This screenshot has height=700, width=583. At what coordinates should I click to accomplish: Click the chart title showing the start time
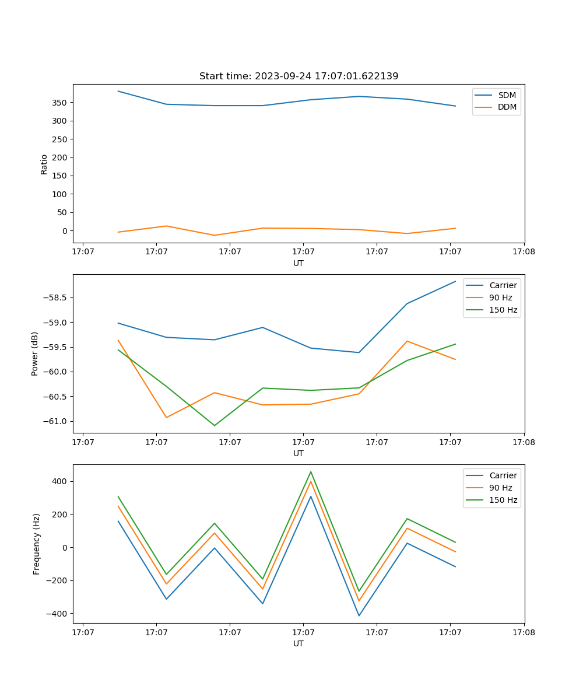tap(298, 76)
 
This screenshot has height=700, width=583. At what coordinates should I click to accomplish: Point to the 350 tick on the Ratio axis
tap(60, 103)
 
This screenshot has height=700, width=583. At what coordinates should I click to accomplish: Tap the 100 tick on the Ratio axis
tap(60, 194)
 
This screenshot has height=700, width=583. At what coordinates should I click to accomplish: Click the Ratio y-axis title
tap(44, 164)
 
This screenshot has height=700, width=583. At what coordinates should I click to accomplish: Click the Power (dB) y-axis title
tap(35, 353)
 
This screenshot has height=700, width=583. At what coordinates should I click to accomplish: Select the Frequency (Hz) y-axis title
tap(36, 544)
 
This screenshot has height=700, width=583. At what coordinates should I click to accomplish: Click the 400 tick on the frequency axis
tap(60, 481)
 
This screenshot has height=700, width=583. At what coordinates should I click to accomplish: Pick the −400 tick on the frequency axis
tap(58, 614)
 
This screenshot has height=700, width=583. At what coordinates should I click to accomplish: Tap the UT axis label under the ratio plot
tap(298, 263)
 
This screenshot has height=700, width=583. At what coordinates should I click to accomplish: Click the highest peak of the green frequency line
tap(311, 471)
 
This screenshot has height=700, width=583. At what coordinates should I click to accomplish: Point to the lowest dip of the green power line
tap(215, 425)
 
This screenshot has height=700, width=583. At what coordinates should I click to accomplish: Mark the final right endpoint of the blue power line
tap(455, 281)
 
